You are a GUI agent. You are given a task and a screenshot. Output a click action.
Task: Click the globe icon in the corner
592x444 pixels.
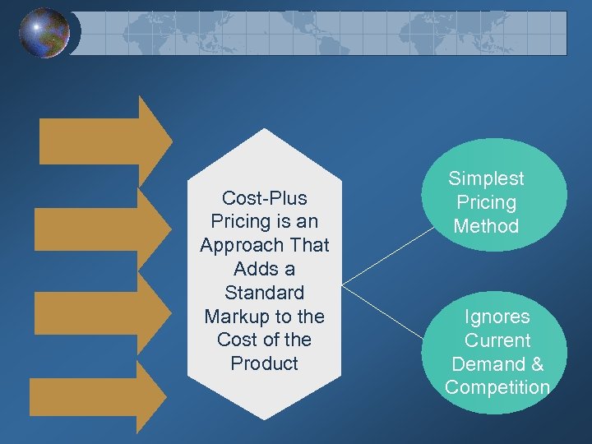pos(44,33)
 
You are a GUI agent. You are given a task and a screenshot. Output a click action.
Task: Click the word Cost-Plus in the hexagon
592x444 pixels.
pos(265,198)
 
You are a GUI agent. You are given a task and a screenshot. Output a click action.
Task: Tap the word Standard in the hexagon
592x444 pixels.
pos(265,293)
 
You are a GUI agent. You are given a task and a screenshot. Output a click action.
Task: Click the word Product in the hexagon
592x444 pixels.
pos(265,363)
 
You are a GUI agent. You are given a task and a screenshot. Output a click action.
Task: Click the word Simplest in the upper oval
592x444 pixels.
pos(486,178)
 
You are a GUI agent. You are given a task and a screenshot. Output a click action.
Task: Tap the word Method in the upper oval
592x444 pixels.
pos(486,226)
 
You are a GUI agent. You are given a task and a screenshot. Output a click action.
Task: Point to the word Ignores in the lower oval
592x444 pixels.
pos(497,317)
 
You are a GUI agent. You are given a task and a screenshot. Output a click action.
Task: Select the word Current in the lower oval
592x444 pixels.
pos(497,340)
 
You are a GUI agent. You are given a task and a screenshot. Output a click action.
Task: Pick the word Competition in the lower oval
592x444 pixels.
pos(497,387)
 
